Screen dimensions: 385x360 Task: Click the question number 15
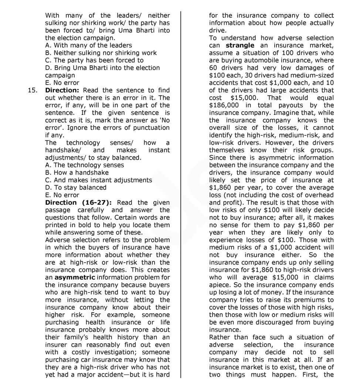[33, 91]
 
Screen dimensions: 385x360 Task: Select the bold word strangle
[240, 45]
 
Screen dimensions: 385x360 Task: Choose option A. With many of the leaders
[88, 45]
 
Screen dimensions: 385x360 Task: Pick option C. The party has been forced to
[94, 60]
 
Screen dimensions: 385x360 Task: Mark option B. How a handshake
[77, 173]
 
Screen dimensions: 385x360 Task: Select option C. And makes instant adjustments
[98, 180]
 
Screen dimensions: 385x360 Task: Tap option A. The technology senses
[84, 165]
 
